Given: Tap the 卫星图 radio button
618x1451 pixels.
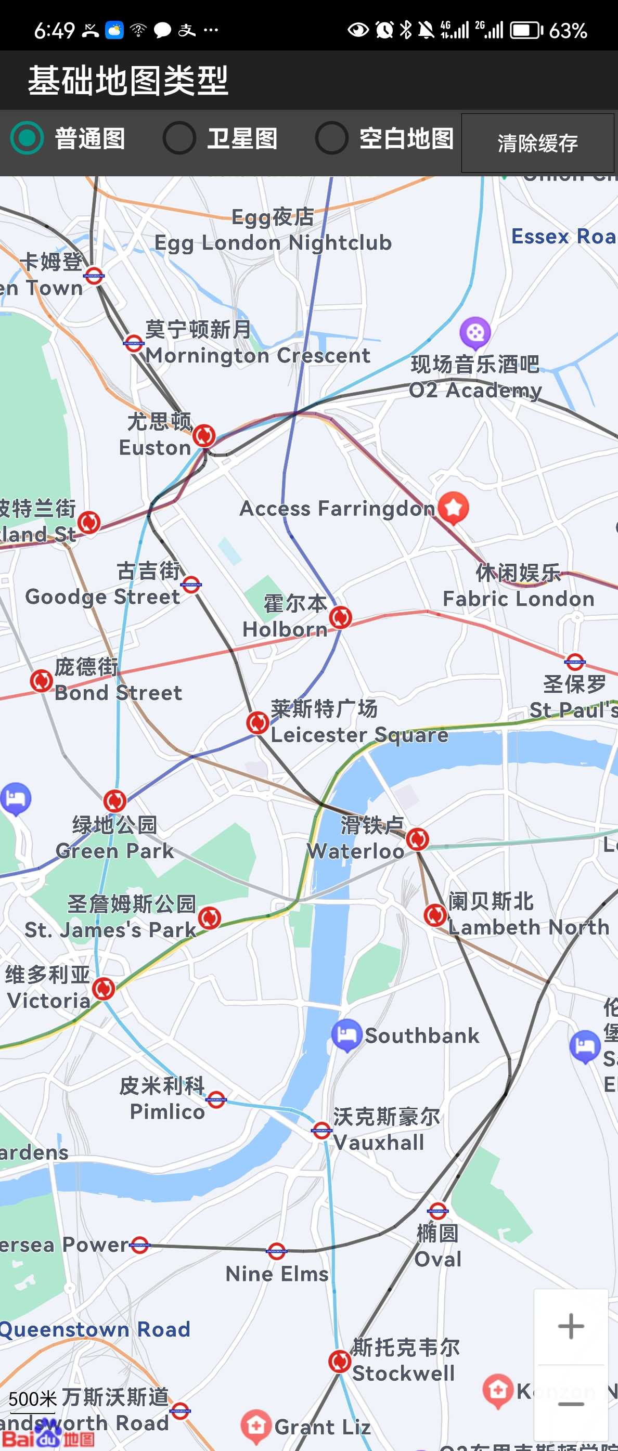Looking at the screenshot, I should click(x=179, y=138).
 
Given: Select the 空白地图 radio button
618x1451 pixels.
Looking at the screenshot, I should click(x=331, y=138).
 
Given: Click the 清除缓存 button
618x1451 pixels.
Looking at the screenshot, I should click(x=537, y=143).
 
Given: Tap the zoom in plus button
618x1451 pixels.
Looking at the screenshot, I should click(x=570, y=1326).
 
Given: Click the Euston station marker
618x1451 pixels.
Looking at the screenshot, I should click(x=204, y=435).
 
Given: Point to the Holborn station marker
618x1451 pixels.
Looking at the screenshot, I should click(x=340, y=617).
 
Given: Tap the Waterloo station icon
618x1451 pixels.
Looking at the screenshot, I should click(x=417, y=839).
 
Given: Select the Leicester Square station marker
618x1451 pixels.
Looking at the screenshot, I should click(x=257, y=722).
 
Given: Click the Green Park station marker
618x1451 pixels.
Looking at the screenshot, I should click(x=115, y=800).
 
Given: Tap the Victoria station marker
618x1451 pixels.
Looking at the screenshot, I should click(x=104, y=989).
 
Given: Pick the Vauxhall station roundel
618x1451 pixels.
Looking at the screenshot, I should click(x=321, y=1130).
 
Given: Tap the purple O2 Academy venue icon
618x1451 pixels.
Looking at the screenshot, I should click(x=475, y=332).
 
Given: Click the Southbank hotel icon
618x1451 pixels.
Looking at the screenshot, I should click(x=346, y=1034).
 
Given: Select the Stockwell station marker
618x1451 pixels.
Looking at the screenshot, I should click(x=340, y=1362).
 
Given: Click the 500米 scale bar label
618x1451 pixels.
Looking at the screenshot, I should click(x=33, y=1399).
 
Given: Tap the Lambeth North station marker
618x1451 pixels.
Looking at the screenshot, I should click(x=435, y=915).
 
